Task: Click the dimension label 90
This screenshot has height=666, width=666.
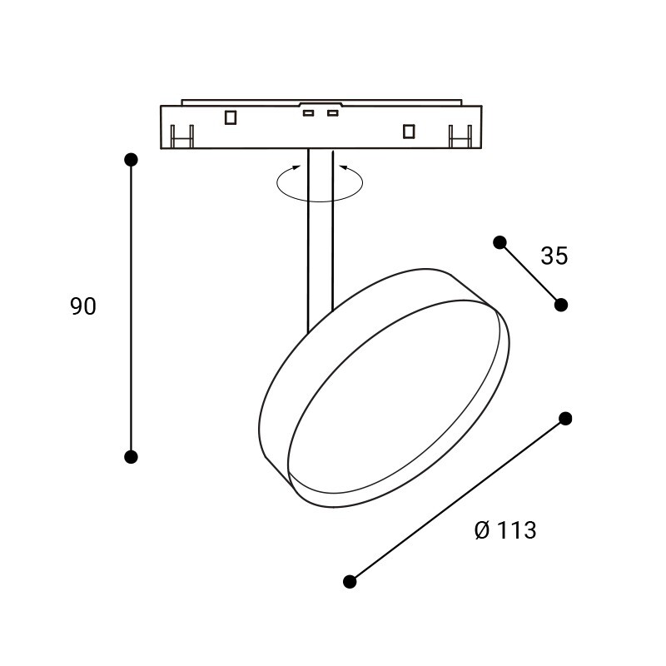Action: click(x=83, y=306)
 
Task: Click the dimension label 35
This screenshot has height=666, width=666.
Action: click(x=554, y=256)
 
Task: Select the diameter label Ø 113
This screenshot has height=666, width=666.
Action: click(x=505, y=530)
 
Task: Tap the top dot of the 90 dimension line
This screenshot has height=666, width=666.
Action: click(x=131, y=160)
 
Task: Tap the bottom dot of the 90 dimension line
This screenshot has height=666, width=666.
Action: click(x=131, y=457)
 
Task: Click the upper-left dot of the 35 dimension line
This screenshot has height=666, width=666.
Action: click(x=500, y=242)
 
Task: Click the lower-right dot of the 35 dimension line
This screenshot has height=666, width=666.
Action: click(x=561, y=305)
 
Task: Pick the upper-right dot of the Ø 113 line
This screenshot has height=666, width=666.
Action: click(x=565, y=419)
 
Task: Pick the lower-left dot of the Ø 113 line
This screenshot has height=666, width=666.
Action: click(x=350, y=581)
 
